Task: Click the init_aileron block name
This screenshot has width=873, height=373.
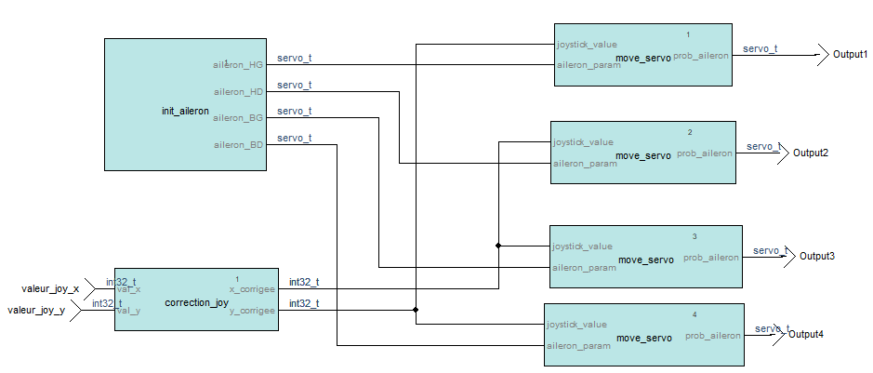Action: coord(185,112)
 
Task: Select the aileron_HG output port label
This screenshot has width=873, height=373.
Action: coord(238,64)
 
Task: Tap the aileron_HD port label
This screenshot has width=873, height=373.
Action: coord(238,91)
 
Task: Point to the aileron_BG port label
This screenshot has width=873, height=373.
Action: coord(238,118)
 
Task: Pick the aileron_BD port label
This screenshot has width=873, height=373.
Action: coord(238,145)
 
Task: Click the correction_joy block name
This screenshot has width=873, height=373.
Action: coord(196,303)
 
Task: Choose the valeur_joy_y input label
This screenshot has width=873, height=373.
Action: coord(36,311)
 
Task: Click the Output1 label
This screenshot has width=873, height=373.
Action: coord(850,55)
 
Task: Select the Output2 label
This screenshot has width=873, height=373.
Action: coord(811,153)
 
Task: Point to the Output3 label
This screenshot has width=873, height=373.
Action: coord(818,256)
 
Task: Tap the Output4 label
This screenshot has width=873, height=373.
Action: coord(806,334)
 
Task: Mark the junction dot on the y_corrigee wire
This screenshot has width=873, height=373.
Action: coord(416,310)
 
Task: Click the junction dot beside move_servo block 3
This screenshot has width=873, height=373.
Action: coord(498,246)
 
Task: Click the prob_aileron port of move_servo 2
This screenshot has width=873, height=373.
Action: coord(704,153)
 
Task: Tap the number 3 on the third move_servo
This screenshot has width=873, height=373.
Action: coord(694,236)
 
